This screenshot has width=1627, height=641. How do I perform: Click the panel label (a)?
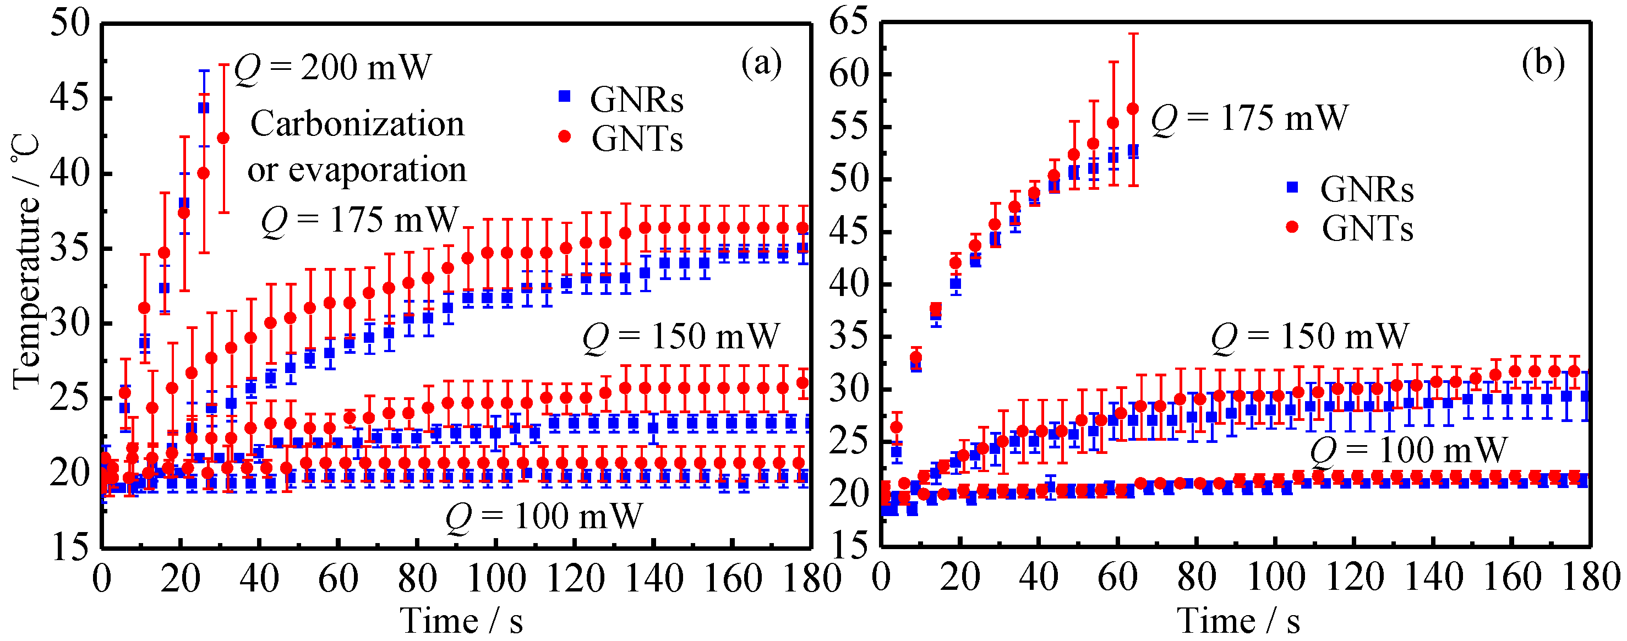pos(761,64)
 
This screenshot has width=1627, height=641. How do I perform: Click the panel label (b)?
pos(1543,64)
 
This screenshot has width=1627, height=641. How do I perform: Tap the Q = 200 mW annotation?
pos(333,68)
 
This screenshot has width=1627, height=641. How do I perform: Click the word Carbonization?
pos(357,124)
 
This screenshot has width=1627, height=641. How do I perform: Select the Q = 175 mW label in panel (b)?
pos(1249,118)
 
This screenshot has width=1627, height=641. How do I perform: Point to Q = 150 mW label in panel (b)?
pos(1309,336)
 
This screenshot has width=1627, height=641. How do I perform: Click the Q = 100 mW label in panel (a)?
pos(544,517)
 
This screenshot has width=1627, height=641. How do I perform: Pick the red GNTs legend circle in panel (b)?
pos(1292,227)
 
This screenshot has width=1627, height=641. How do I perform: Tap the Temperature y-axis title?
pos(26,262)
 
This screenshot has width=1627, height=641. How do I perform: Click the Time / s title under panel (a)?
pos(462,621)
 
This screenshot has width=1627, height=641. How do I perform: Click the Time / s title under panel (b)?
pos(1238,621)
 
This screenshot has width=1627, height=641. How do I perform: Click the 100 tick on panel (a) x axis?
pos(496,578)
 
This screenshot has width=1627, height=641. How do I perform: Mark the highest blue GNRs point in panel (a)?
pos(204,108)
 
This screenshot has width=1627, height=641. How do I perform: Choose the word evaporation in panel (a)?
pos(377,170)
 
